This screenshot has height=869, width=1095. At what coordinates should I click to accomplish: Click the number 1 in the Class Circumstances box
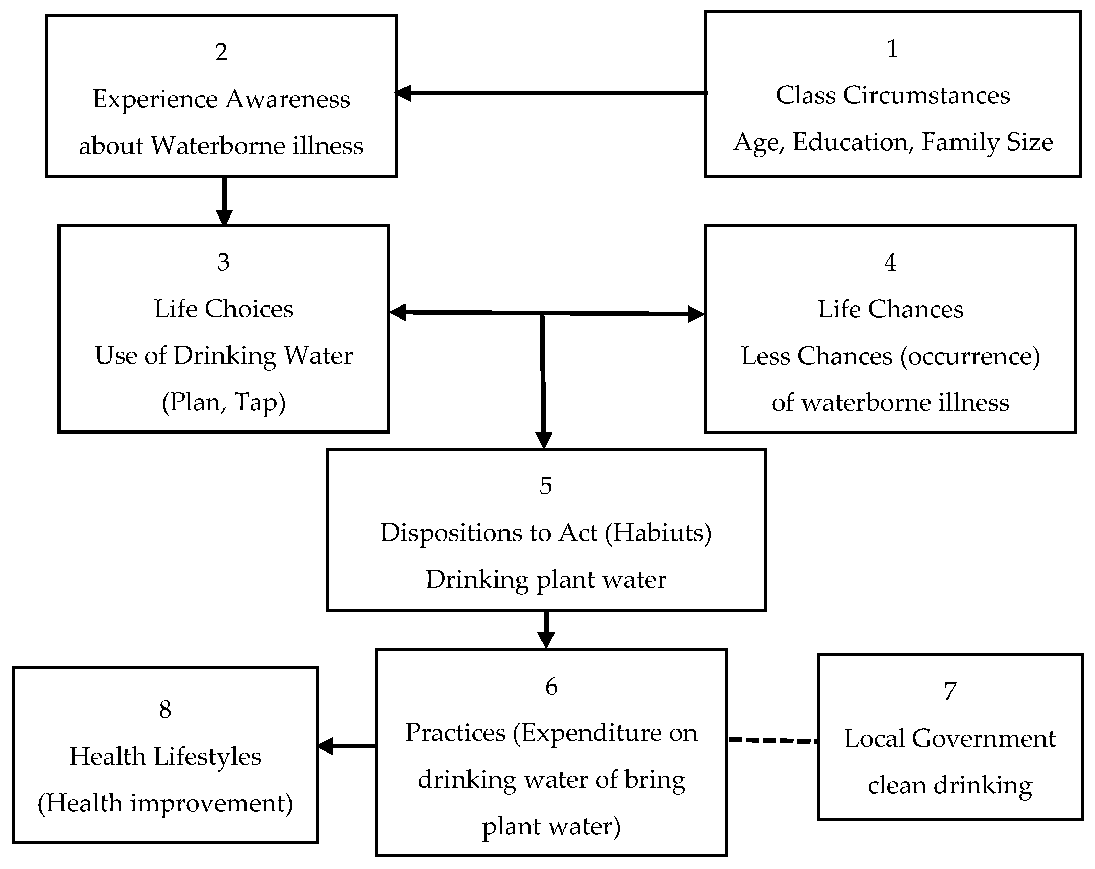tap(892, 49)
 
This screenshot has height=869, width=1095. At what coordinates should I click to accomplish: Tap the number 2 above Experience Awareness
tap(221, 52)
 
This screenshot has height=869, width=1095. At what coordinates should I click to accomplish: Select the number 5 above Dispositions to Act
tap(546, 486)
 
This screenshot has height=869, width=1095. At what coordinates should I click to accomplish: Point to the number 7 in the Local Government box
tap(950, 692)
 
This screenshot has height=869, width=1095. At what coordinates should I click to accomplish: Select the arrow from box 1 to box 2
tap(551, 93)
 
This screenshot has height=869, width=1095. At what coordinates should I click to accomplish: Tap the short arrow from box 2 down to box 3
tap(224, 201)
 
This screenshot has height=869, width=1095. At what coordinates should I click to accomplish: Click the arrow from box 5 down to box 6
tap(546, 630)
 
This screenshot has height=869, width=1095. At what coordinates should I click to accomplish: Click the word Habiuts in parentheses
tap(658, 533)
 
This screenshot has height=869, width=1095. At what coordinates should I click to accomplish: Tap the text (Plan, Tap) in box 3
tap(224, 402)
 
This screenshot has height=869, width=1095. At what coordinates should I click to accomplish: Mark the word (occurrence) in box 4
tap(970, 356)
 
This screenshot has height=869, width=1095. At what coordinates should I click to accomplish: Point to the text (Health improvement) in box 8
tap(165, 803)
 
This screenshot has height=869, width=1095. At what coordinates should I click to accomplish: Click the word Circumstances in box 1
tap(926, 96)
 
